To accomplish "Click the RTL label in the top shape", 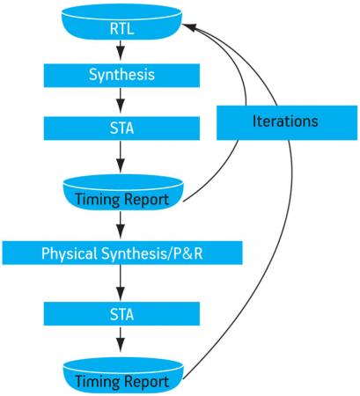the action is click(x=121, y=29).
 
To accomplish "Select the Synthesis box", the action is click(x=121, y=76).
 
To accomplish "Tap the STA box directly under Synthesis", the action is click(x=121, y=128).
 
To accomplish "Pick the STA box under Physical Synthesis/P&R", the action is click(x=121, y=314).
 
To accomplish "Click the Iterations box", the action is click(x=287, y=122).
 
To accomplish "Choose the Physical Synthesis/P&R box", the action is click(x=122, y=253).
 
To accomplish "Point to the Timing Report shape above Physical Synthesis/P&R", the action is click(x=123, y=193).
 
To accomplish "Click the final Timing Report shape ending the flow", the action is click(x=123, y=376).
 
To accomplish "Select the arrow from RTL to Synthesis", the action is click(x=121, y=50).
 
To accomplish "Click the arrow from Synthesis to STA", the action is click(x=121, y=100).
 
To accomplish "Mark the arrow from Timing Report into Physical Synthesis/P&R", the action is click(x=121, y=224).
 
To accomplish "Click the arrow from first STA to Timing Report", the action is click(x=121, y=157).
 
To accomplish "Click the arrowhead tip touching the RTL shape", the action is click(x=182, y=25).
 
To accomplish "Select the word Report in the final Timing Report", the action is click(x=146, y=382).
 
